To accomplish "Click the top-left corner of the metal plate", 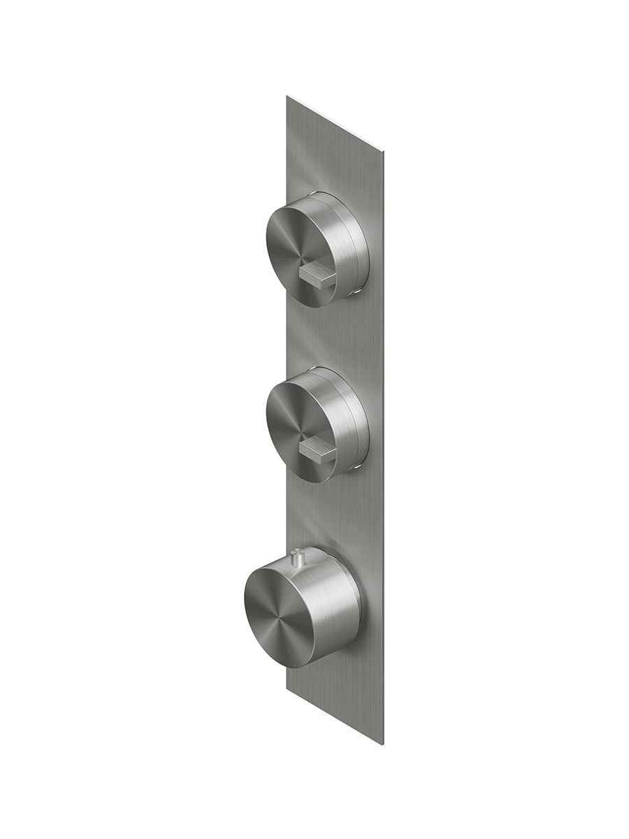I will tap(287, 96).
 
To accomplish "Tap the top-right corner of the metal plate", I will tap(384, 148).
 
